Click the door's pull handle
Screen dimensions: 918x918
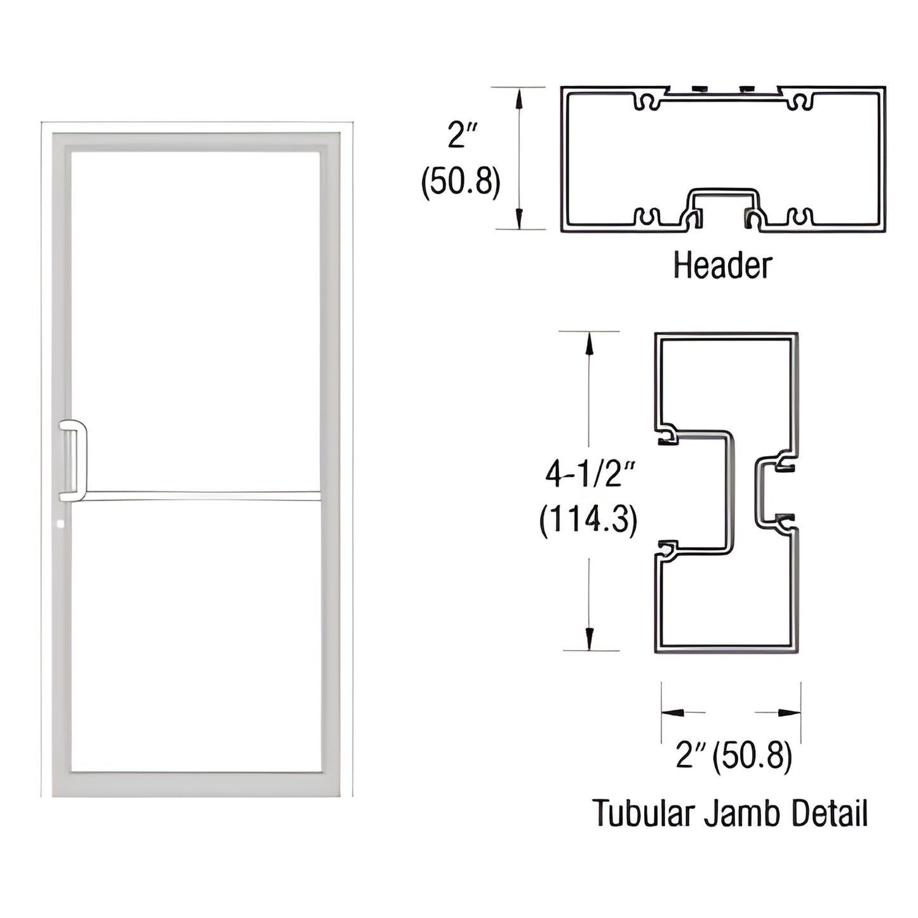pyautogui.click(x=74, y=461)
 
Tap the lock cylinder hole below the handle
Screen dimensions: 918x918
pyautogui.click(x=60, y=525)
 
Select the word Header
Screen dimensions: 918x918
pyautogui.click(x=722, y=266)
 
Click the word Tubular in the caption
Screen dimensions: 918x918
pyautogui.click(x=642, y=814)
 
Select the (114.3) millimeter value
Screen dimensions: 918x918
pyautogui.click(x=588, y=520)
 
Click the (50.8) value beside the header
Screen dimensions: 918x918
pyautogui.click(x=461, y=182)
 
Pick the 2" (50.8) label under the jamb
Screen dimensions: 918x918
pyautogui.click(x=734, y=756)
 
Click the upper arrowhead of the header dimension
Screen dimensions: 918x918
pyautogui.click(x=520, y=98)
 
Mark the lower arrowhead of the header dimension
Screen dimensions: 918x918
pyautogui.click(x=520, y=218)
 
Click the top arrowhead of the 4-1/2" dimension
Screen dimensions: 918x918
pyautogui.click(x=590, y=344)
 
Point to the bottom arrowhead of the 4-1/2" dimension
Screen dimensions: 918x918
pyautogui.click(x=590, y=638)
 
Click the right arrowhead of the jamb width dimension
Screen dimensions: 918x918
pyautogui.click(x=789, y=713)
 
